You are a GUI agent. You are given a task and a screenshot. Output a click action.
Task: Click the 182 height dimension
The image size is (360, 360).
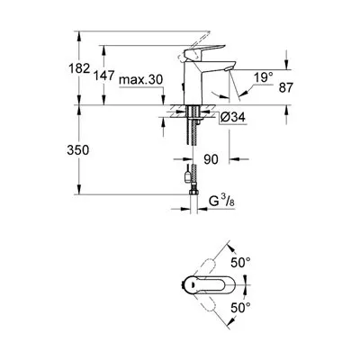pos(79,68)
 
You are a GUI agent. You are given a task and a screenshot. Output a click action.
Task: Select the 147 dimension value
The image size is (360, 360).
pos(104,76)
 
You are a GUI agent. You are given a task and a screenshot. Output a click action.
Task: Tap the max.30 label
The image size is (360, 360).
pos(140,80)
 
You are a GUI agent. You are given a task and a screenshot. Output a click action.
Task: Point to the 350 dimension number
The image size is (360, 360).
pos(78,150)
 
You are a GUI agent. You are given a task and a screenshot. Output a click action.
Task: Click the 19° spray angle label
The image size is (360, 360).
pos(264,77)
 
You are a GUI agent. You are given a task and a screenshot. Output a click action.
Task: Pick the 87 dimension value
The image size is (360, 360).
pos(285,87)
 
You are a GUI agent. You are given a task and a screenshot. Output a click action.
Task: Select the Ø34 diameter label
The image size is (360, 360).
pos(232,117)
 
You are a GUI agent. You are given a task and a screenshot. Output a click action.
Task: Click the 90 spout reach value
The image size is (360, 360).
pos(211,159)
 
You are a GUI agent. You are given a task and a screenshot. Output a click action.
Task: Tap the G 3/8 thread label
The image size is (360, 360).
pos(221,202)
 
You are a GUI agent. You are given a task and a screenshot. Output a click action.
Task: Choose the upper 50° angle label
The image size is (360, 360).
pos(240,263)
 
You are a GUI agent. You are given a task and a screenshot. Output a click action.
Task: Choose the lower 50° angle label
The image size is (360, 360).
pos(240,308)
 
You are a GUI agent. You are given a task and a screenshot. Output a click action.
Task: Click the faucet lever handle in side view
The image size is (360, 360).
pos(204,52)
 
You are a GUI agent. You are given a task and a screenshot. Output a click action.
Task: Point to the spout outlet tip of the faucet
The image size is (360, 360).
pos(228,69)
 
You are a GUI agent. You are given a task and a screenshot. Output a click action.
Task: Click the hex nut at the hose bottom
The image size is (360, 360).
pos(194,192)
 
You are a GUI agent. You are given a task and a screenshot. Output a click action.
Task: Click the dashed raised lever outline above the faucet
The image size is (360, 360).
pos(194,45)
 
